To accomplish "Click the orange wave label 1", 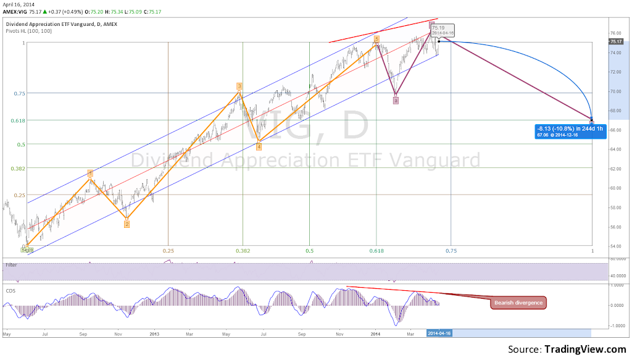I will pos(90,174).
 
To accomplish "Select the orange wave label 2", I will pos(127,224).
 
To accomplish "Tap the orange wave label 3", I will pos(239,86).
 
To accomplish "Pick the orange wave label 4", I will pos(259,146).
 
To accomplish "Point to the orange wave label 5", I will pos(376,38).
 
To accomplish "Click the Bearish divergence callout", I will pos(518,303).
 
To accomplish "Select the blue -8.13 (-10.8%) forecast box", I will pos(562,130).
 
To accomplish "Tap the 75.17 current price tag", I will pos(615,41).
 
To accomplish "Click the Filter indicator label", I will pos(11,265).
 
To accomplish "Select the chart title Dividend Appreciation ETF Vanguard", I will pos(60,24).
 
